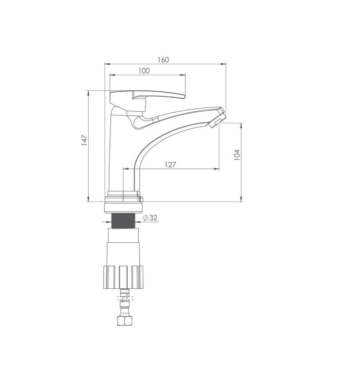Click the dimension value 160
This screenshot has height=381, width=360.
(x=163, y=60)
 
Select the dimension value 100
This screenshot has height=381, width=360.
(x=144, y=71)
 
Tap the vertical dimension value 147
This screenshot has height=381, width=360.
(x=84, y=141)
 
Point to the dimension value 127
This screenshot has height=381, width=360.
(x=170, y=165)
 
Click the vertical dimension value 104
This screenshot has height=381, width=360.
(x=237, y=155)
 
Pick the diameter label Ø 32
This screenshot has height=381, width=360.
(x=150, y=218)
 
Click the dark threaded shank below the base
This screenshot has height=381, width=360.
(x=123, y=221)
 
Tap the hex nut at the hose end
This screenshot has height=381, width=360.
(x=124, y=321)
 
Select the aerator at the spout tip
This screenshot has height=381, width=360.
(x=217, y=121)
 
